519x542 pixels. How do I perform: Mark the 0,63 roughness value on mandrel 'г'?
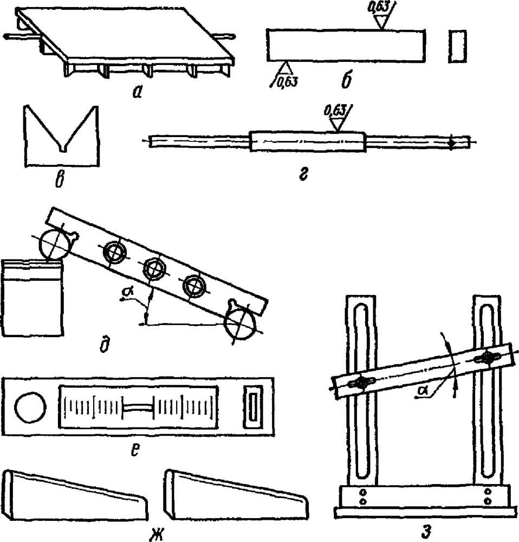click(x=334, y=111)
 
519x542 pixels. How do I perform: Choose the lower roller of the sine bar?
click(x=240, y=324)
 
